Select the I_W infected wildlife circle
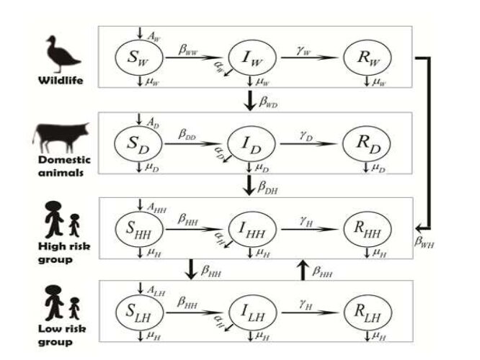[250, 56]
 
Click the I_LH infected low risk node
[250, 312]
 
